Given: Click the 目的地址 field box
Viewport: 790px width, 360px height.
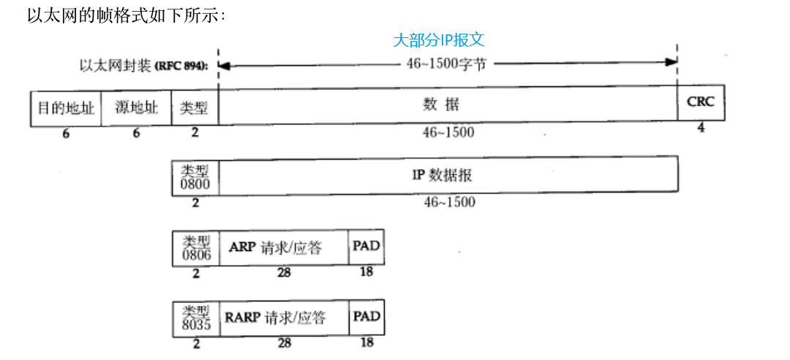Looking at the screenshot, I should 66,108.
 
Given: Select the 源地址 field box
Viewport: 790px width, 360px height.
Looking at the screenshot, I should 136,108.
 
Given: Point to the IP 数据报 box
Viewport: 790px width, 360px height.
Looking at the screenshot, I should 448,176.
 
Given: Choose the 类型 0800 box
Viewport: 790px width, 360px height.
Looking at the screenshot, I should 195,176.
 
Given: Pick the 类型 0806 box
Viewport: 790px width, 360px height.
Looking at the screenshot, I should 195,247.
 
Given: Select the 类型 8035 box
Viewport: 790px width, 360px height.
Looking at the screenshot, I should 195,318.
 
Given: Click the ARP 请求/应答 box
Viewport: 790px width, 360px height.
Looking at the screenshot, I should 285,247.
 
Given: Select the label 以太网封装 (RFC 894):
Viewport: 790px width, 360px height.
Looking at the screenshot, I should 143,65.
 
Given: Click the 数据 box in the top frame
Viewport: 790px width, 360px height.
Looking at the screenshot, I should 448,105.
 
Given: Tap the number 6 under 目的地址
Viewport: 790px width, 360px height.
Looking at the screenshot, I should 66,134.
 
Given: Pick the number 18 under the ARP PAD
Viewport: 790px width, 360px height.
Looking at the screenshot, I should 366,272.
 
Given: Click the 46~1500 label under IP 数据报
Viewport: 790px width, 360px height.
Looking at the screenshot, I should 449,201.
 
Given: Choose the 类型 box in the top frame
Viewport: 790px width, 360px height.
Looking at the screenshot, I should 195,108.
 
